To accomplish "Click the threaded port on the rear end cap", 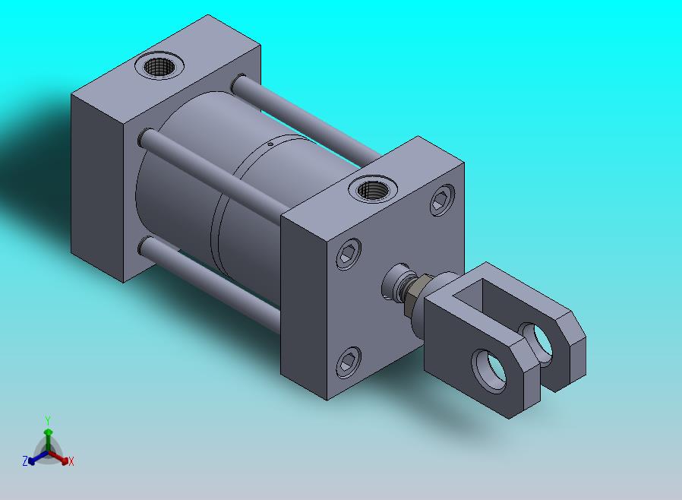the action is click(x=159, y=67).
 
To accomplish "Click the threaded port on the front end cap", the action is click(x=373, y=190).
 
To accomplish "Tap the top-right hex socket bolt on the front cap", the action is click(x=442, y=200).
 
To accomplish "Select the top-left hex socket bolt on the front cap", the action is click(x=349, y=254).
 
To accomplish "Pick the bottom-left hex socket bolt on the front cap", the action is click(x=349, y=362).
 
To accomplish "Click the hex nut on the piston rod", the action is click(x=411, y=296).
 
